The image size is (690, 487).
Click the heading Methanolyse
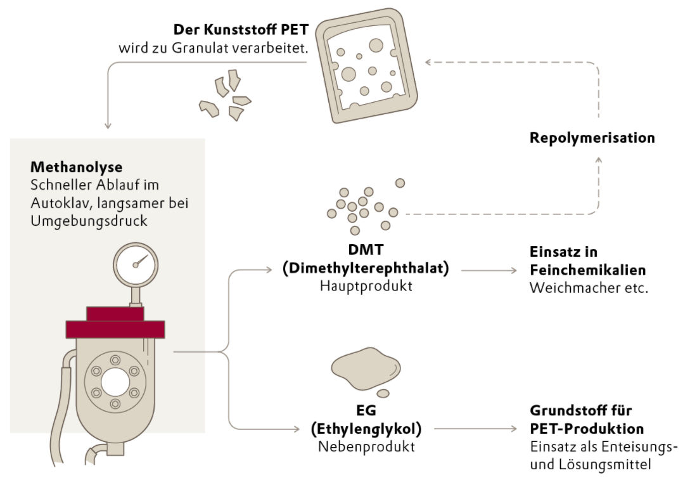point(76,168)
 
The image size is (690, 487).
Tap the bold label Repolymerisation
point(592,138)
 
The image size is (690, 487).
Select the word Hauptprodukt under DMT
point(365,286)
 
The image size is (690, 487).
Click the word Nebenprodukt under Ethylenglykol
point(366,446)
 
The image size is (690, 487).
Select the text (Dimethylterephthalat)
point(366,268)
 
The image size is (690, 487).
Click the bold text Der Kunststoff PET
point(240,30)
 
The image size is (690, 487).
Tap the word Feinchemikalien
point(587,270)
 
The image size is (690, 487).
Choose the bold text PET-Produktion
point(587,429)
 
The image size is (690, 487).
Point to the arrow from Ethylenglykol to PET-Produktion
point(476,429)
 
